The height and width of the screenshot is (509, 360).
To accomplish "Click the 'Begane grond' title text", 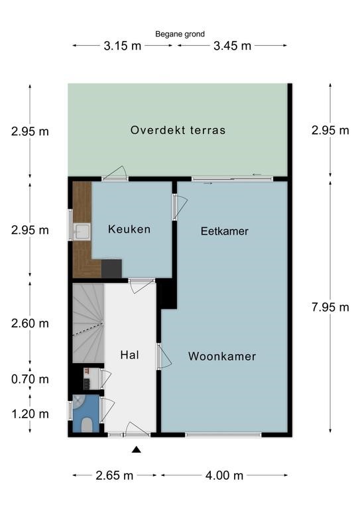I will pos(180,34).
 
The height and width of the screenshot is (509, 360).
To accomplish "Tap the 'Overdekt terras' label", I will pos(178,130).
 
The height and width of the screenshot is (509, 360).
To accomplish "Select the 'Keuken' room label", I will pos(129,229).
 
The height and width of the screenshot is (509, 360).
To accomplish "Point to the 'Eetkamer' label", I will pos(224,231).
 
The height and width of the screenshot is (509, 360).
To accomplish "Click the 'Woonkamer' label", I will pos(221,357).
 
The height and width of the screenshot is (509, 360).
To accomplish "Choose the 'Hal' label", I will pos(129,355).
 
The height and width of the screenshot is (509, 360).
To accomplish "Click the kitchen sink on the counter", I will pos(82,231).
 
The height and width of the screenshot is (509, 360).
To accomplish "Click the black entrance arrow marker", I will pos(137,450).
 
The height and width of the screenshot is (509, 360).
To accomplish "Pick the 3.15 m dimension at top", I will pos(122,46).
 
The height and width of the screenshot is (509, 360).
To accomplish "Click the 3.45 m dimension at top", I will pos(232,46).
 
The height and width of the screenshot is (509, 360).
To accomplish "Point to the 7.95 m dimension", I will pos(330,307).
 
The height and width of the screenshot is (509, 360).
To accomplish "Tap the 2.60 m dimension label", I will pos(30,323).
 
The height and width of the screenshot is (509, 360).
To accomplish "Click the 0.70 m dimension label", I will pos(30,380).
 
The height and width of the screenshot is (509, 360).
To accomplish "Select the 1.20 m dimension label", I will pos(30,414).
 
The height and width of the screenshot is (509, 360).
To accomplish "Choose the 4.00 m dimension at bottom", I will pos(224,475).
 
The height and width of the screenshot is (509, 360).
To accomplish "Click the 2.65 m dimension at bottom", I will pos(114,475).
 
